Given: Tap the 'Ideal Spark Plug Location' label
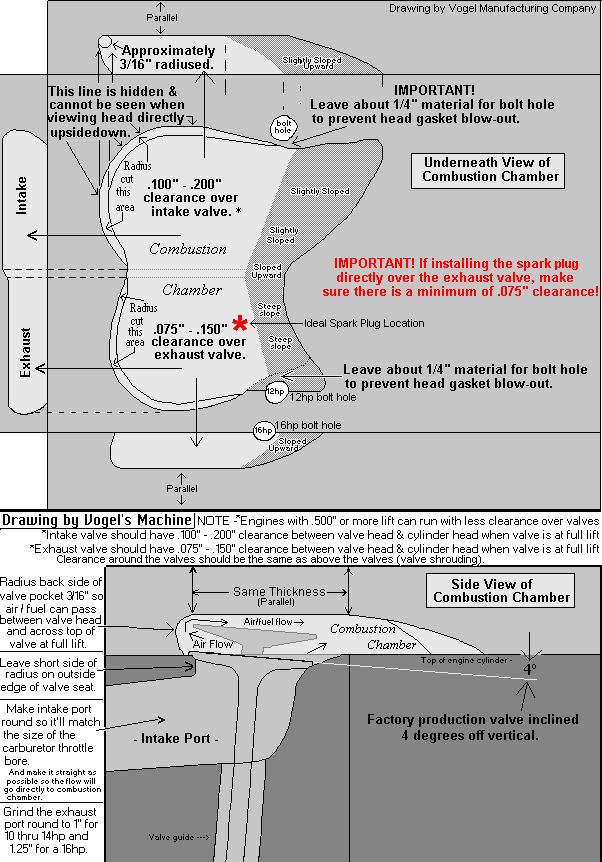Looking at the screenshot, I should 364,323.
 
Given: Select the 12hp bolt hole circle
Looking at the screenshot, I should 276,393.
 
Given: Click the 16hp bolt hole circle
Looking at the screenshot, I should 263,431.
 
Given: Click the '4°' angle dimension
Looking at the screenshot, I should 529,668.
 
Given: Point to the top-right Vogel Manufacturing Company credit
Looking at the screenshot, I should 491,8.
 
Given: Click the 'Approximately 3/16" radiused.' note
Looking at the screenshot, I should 169,57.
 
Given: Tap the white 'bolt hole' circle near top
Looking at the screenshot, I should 282,126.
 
